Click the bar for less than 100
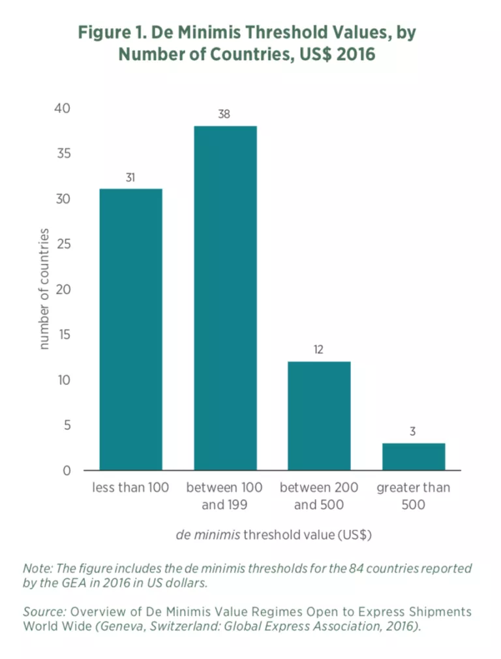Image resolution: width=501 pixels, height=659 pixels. (x=130, y=329)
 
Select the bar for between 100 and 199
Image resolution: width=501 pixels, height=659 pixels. (x=225, y=298)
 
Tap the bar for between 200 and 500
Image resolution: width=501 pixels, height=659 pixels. (x=319, y=416)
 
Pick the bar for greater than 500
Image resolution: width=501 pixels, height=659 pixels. (x=414, y=457)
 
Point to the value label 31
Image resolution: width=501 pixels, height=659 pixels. (x=130, y=177)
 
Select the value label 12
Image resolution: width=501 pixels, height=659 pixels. (x=319, y=350)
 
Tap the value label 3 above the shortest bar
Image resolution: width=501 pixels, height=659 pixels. (x=414, y=431)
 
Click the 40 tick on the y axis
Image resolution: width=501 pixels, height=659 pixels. (x=63, y=108)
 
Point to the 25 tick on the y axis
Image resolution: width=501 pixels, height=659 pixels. (x=63, y=244)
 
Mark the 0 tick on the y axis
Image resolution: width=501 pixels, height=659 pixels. (x=67, y=470)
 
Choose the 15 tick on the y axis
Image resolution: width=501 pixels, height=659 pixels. (x=63, y=335)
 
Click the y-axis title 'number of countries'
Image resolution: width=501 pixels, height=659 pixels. (x=44, y=288)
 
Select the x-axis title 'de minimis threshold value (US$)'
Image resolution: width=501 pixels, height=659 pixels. (x=273, y=535)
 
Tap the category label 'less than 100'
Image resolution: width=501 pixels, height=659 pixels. (x=130, y=488)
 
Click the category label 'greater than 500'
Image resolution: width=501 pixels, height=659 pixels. (x=414, y=496)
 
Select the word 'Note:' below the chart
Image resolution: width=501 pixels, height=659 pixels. (x=38, y=568)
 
